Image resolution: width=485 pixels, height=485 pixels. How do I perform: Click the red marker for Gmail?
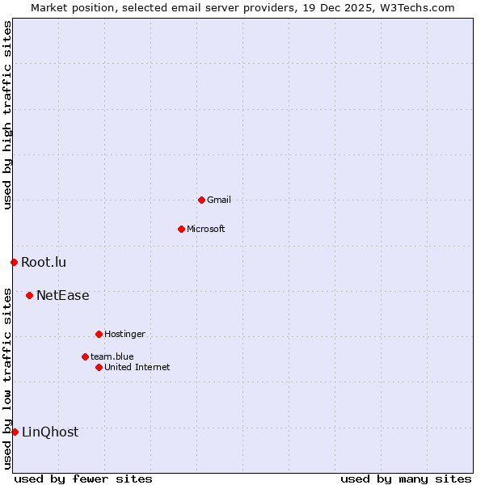[201, 200]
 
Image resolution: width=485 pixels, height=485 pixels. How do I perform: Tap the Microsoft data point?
[181, 229]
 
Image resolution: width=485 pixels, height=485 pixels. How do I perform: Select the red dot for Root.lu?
[14, 262]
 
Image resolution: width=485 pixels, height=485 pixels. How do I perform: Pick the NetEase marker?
[29, 296]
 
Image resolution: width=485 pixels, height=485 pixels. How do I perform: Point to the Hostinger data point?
[99, 334]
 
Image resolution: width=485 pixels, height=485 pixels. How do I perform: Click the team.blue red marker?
[85, 356]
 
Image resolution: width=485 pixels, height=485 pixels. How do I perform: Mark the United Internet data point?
[99, 367]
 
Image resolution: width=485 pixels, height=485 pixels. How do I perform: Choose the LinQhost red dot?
[15, 432]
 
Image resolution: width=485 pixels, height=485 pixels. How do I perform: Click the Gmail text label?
[219, 200]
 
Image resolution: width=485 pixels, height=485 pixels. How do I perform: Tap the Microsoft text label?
[206, 229]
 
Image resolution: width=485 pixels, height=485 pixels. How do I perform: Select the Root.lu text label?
[44, 262]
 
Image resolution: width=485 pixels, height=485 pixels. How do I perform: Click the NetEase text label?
[63, 296]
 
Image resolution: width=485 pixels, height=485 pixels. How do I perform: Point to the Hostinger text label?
[124, 334]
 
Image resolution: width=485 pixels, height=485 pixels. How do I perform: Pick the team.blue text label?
[112, 356]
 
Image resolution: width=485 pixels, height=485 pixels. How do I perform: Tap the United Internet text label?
[137, 367]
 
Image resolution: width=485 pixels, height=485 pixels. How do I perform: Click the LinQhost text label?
[50, 432]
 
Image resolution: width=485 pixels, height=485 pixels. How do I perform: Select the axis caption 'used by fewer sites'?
[83, 479]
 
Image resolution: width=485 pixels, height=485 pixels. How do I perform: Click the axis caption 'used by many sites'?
[406, 479]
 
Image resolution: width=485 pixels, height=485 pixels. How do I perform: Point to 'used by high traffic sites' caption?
[8, 115]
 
